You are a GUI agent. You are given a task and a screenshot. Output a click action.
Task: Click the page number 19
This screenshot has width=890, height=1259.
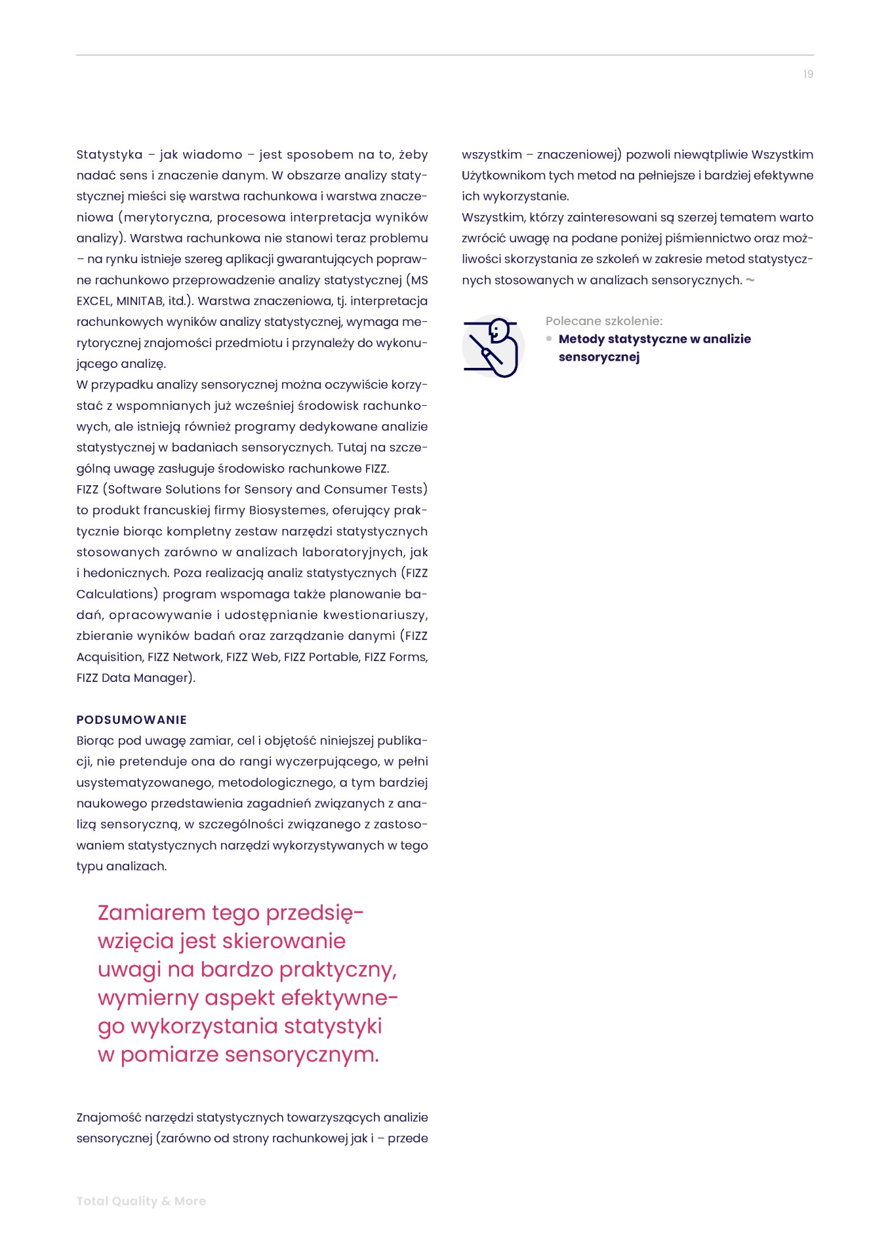808,74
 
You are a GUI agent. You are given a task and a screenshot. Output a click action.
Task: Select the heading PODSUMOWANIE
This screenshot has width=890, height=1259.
131,719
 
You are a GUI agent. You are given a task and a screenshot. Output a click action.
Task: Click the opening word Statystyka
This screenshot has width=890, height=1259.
110,155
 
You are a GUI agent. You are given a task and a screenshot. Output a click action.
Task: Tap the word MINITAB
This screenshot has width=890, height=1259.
140,301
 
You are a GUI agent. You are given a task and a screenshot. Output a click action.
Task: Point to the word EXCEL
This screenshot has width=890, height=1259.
93,301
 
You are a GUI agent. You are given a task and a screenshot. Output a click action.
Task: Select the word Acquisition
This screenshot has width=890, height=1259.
109,657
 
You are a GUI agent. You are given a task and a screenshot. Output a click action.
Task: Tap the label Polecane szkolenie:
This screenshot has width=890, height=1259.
604,321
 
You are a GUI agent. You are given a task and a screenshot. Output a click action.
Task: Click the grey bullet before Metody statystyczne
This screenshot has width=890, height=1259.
549,339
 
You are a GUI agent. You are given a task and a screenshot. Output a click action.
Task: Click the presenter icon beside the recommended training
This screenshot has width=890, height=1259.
493,346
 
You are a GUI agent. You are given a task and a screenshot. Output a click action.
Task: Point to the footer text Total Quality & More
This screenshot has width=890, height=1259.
141,1201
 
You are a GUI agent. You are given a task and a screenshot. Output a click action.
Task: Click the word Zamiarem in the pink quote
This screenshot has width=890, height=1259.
152,913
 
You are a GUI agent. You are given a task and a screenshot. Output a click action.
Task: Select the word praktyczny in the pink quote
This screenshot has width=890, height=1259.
339,969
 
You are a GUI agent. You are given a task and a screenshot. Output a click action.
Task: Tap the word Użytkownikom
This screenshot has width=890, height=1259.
503,176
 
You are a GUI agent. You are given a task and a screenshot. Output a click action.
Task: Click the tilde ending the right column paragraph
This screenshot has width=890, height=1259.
750,281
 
